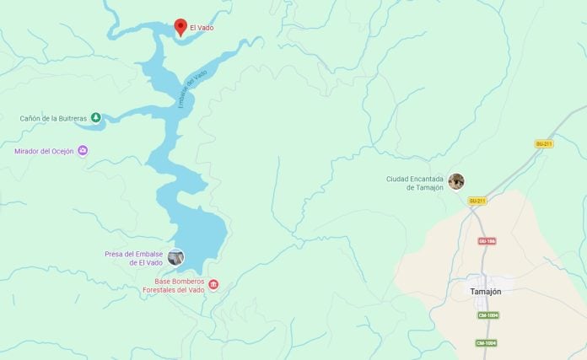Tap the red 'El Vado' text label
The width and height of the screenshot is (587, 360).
click(x=202, y=28)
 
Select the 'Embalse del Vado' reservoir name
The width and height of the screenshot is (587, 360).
click(x=192, y=89)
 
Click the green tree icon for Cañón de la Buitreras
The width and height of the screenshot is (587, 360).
click(x=95, y=118)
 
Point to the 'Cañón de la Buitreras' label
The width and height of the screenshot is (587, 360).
click(x=54, y=118)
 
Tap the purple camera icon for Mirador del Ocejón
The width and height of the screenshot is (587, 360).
click(x=83, y=151)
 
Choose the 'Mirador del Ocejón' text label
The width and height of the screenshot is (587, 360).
click(x=44, y=152)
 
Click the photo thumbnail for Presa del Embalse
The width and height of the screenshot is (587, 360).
click(x=175, y=257)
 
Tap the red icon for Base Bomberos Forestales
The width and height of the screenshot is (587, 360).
click(x=213, y=285)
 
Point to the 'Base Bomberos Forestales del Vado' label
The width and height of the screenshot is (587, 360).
click(x=179, y=286)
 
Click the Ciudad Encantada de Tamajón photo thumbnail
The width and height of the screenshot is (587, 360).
click(x=456, y=181)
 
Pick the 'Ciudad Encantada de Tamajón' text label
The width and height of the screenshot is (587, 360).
click(x=415, y=183)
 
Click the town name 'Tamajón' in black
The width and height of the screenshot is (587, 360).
click(x=485, y=291)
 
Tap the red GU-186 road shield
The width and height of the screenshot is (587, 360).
click(x=487, y=241)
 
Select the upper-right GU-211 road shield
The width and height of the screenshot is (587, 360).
click(x=544, y=144)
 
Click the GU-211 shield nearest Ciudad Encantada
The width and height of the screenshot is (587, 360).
click(x=477, y=201)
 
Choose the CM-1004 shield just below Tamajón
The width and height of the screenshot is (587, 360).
click(x=487, y=315)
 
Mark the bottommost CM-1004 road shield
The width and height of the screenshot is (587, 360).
click(x=485, y=343)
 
